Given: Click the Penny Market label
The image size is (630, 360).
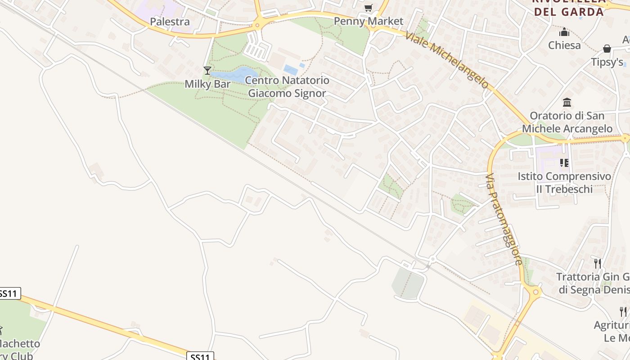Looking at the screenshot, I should [x=369, y=21].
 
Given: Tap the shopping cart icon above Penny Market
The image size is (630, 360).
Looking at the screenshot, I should [x=369, y=8].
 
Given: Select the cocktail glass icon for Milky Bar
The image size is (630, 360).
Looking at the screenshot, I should [x=207, y=70].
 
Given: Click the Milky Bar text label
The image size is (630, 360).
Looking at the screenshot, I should [x=208, y=84].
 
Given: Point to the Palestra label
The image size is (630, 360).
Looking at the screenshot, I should [x=170, y=22].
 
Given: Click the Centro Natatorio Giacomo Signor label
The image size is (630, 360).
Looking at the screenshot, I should [x=287, y=87].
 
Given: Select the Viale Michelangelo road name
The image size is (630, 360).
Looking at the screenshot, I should [x=447, y=59].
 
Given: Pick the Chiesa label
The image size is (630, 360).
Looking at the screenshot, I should [x=564, y=45].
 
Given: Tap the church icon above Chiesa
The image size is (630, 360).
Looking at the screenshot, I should [x=564, y=32].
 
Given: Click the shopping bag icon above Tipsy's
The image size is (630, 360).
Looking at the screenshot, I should [x=607, y=49].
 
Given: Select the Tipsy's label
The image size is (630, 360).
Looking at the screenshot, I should [x=607, y=62].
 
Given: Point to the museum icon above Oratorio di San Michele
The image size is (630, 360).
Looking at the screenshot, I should [x=567, y=103].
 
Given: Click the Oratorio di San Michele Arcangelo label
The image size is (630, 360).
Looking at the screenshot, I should [x=567, y=122].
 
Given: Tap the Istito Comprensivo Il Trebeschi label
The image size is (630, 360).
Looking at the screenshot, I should [x=564, y=182].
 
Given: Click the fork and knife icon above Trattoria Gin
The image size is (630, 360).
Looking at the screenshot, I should [x=598, y=263].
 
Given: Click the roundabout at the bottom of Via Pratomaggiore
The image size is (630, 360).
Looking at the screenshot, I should [x=535, y=292].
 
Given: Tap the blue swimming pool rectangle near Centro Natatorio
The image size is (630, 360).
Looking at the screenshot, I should [x=290, y=69].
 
